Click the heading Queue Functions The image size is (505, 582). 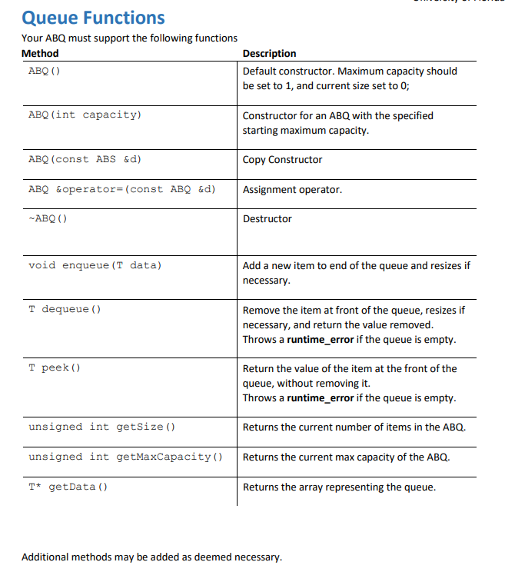(93, 17)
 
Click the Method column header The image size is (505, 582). (40, 53)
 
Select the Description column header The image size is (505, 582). (269, 53)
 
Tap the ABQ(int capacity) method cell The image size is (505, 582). (85, 115)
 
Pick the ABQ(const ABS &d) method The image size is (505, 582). (85, 160)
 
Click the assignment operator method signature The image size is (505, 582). (121, 189)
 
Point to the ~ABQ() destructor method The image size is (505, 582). (48, 219)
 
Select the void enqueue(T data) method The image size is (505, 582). (95, 265)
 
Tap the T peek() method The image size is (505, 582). (55, 368)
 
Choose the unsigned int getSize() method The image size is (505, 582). (101, 427)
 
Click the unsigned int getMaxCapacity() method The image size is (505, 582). (125, 457)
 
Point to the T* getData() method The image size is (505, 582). (68, 487)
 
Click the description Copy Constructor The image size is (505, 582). (282, 160)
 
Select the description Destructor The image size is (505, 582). (267, 219)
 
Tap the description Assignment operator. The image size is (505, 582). (292, 189)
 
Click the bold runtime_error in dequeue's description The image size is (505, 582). (321, 339)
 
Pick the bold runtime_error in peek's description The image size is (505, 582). (321, 397)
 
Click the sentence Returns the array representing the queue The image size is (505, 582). (339, 487)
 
